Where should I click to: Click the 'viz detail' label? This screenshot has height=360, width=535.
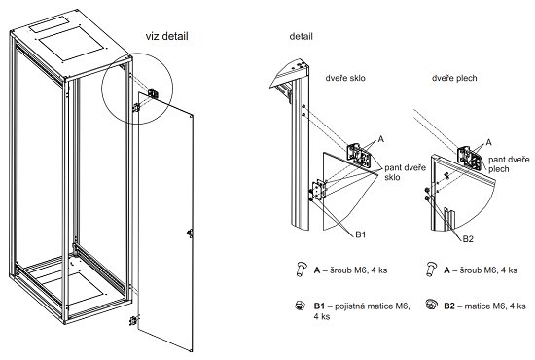167,36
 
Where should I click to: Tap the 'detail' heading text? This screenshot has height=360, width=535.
301,36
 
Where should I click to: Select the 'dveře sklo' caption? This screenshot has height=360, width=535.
345,78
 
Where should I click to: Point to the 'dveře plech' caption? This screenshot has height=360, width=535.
454,78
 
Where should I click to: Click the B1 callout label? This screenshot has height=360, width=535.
360,234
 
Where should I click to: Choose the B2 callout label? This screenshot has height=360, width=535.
468,239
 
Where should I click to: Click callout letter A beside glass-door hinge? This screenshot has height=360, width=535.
380,139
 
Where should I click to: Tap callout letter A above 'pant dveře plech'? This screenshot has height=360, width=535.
488,142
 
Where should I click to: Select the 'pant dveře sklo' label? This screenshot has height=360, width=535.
406,172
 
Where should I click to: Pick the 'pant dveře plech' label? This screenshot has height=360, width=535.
509,164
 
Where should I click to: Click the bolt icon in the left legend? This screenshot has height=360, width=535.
301,270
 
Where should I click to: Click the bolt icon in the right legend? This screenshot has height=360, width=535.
431,269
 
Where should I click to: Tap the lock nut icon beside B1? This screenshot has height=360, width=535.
300,306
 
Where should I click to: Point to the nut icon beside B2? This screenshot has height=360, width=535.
432,304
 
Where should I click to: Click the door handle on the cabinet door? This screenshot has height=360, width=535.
190,234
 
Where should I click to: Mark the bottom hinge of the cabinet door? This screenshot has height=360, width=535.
134,320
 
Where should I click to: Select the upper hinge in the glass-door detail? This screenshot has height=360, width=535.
359,156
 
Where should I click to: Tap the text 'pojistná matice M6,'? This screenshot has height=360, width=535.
372,306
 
